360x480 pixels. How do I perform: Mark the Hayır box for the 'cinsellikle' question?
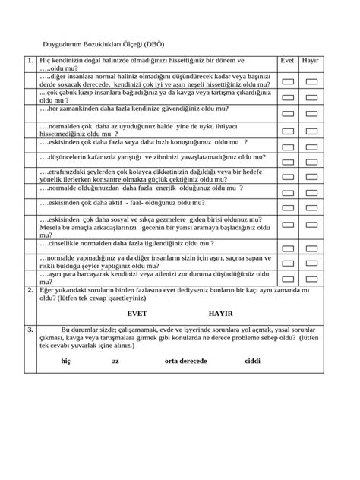(311, 244)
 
